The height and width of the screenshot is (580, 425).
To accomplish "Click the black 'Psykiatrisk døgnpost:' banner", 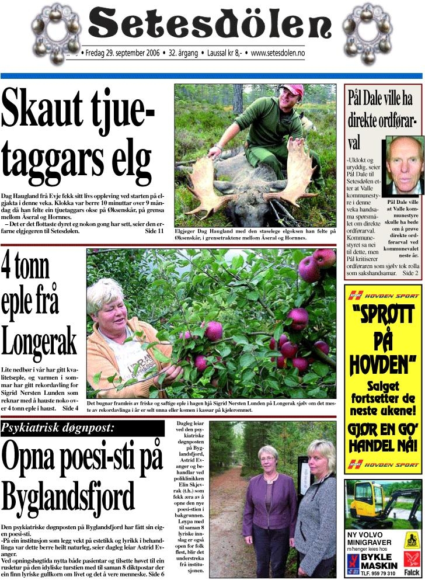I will tap(82, 428).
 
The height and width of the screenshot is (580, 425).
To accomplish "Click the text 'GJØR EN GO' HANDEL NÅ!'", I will tap(383, 439).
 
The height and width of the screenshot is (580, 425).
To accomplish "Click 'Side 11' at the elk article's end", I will tap(154, 231).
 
